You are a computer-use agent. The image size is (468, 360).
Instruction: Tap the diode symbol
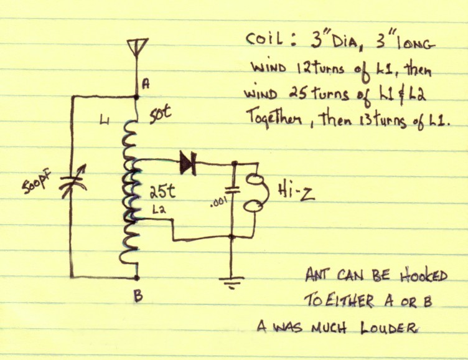pyautogui.click(x=188, y=163)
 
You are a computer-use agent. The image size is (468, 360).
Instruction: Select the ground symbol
pyautogui.click(x=232, y=282)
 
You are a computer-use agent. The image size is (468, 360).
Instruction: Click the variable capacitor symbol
pyautogui.click(x=73, y=182)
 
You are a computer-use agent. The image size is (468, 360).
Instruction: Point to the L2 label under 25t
pyautogui.click(x=159, y=211)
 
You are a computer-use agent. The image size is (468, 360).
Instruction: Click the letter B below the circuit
pyautogui.click(x=138, y=296)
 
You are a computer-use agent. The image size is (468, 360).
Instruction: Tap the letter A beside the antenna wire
pyautogui.click(x=146, y=85)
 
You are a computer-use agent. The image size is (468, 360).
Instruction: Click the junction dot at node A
pyautogui.click(x=137, y=97)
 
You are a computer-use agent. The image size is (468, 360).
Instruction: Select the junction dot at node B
pyautogui.click(x=137, y=278)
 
